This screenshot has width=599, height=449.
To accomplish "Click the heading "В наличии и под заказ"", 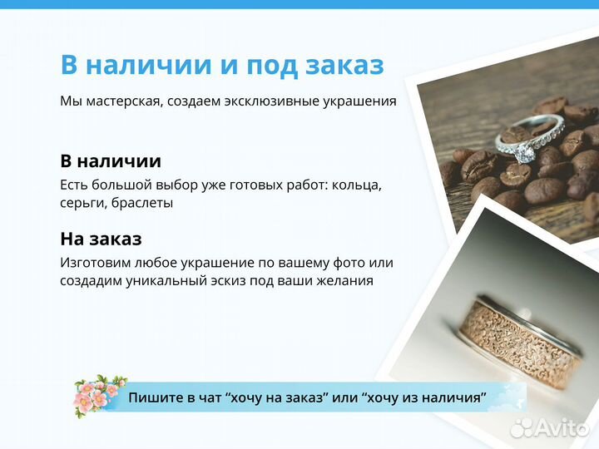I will click(221, 65).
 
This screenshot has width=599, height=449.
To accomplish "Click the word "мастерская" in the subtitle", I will click(122, 101).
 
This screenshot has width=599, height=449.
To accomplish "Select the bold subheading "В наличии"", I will click(111, 160).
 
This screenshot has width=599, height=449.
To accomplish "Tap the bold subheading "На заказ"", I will click(101, 239).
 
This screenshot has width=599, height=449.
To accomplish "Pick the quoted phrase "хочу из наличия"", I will click(425, 398).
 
